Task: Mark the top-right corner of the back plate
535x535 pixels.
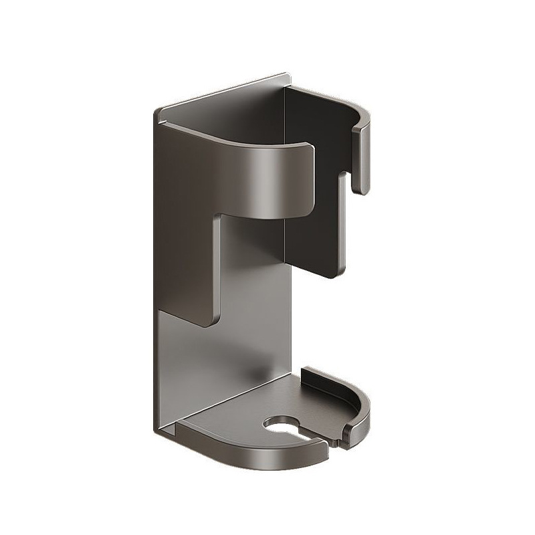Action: (x=289, y=77)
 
